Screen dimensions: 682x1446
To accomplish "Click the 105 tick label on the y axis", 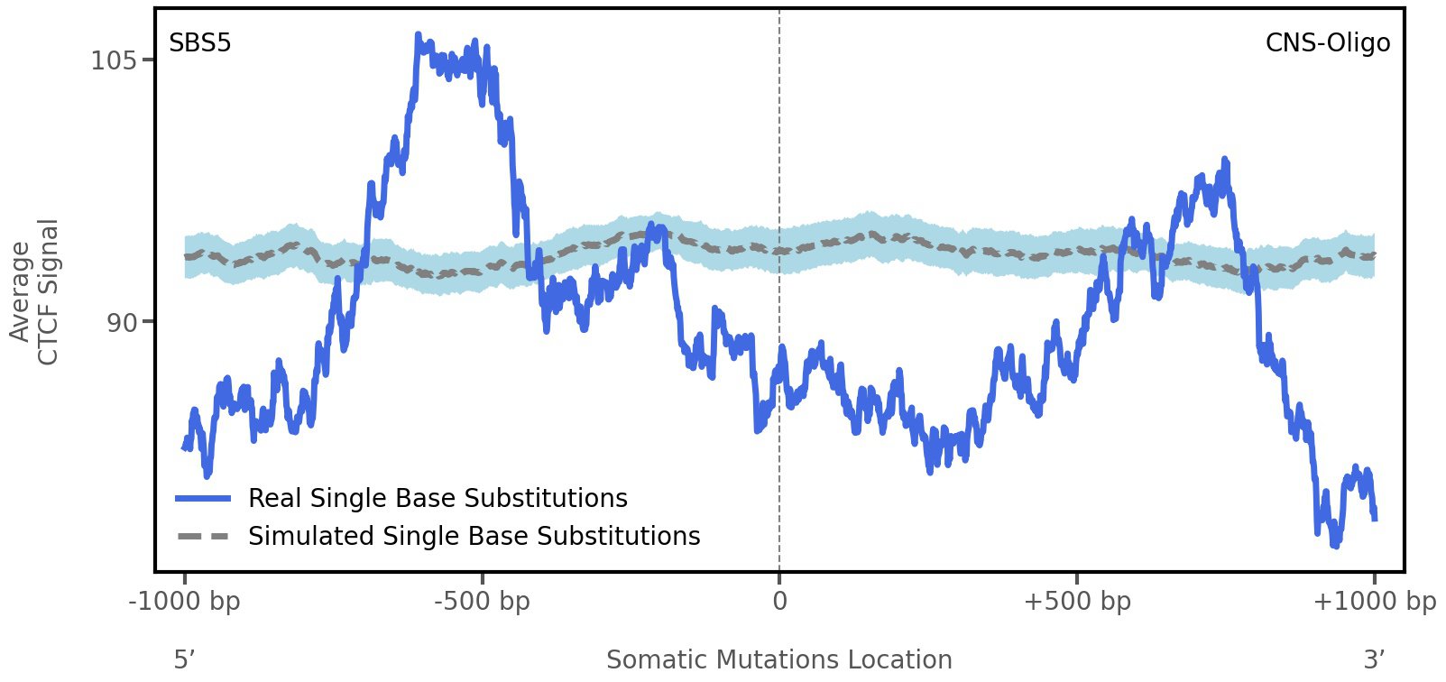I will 113,60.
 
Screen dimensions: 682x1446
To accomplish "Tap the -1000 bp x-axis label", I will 185,602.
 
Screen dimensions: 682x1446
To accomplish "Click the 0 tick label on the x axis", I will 779,602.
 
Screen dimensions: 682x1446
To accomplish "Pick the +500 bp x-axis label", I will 1076,602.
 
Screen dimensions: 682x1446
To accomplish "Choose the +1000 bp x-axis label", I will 1373,602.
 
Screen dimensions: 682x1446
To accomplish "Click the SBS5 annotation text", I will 200,43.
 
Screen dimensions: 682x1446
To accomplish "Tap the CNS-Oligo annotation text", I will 1327,43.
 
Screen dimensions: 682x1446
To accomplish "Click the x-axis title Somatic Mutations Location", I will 778,660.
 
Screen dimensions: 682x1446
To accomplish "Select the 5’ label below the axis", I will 184,660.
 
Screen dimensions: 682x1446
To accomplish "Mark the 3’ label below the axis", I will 1374,660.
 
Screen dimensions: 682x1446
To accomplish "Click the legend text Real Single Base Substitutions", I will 437,498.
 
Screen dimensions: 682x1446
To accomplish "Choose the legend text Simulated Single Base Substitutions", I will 474,536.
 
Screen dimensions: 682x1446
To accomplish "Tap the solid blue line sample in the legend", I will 204,499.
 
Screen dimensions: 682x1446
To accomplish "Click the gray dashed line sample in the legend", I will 204,537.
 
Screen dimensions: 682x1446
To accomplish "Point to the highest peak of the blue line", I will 418,35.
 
